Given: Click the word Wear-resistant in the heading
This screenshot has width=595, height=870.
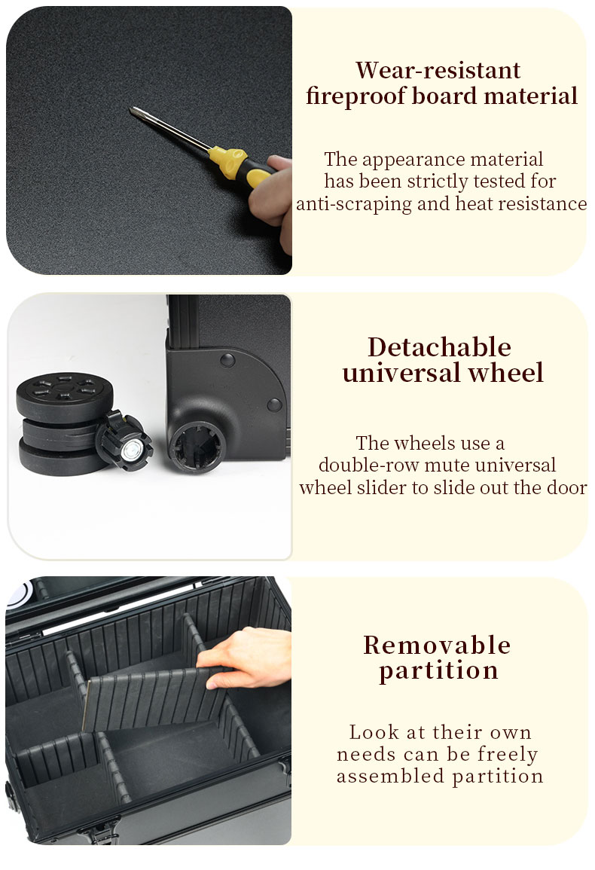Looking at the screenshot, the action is (x=438, y=71).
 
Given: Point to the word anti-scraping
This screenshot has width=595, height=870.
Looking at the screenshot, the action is (x=353, y=204).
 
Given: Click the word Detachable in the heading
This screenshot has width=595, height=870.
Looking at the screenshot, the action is (x=439, y=347).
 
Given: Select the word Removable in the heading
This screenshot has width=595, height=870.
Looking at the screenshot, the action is (x=437, y=646).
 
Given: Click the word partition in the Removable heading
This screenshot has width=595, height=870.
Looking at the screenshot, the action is (x=438, y=671).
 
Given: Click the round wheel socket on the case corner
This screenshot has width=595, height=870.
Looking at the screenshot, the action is (x=197, y=447).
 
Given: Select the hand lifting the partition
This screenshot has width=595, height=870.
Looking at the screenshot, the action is (x=244, y=658).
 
